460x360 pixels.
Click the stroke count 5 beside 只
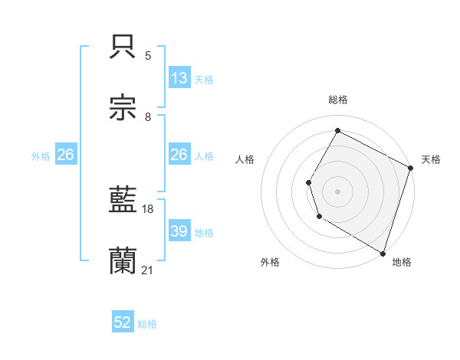point(148,55)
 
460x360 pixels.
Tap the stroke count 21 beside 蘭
point(148,270)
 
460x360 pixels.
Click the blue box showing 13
point(179,78)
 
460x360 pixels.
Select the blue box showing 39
point(179,231)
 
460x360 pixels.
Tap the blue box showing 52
point(123,323)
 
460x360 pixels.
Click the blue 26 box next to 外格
point(65,155)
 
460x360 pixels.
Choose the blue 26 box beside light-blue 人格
point(179,155)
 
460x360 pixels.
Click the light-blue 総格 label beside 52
point(148,324)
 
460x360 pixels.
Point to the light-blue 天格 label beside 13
point(204,79)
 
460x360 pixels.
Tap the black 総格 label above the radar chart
point(338,100)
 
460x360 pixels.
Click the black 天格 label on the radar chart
point(431,159)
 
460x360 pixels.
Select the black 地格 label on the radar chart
point(402,262)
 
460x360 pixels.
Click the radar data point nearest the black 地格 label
point(383,252)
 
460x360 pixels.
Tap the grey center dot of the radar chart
point(337,191)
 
